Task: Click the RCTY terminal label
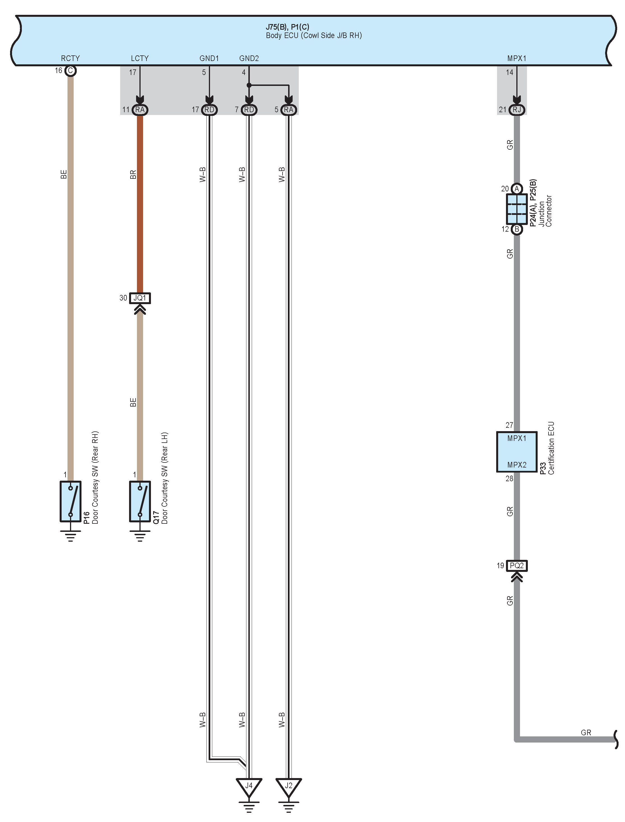click(x=70, y=58)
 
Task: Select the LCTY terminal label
click(x=139, y=58)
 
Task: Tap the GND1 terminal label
click(x=209, y=58)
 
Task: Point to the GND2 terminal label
click(x=249, y=58)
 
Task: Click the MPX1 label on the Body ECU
click(x=517, y=58)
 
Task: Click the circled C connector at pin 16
click(x=70, y=71)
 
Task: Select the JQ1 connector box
click(x=140, y=298)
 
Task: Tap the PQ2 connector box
click(x=517, y=566)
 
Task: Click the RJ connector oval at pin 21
click(x=517, y=110)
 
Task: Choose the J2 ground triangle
click(x=289, y=786)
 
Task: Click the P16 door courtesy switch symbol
click(x=70, y=501)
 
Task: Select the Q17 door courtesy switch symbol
click(x=140, y=501)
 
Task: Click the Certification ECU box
click(x=517, y=452)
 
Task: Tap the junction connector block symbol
click(x=517, y=209)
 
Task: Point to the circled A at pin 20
click(x=517, y=189)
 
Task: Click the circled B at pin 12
click(x=517, y=229)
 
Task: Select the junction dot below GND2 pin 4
click(x=249, y=85)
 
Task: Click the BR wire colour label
click(x=133, y=175)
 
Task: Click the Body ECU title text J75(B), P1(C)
click(x=287, y=27)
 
